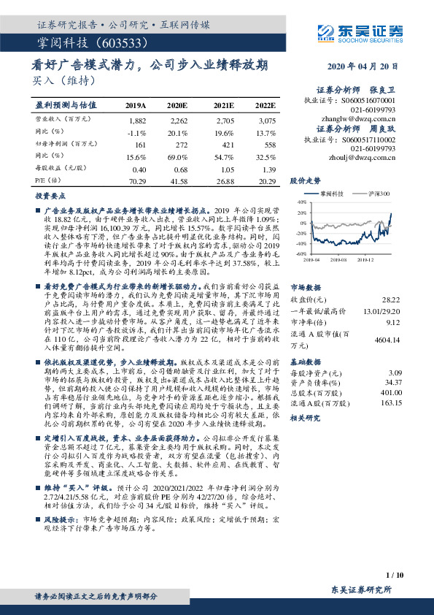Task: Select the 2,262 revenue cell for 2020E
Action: coord(179,120)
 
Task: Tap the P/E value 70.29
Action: coord(137,180)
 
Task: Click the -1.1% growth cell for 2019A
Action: coord(137,132)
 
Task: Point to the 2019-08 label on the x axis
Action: coord(339,259)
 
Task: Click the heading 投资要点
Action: coord(47,196)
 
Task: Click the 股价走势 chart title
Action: coord(305,179)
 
